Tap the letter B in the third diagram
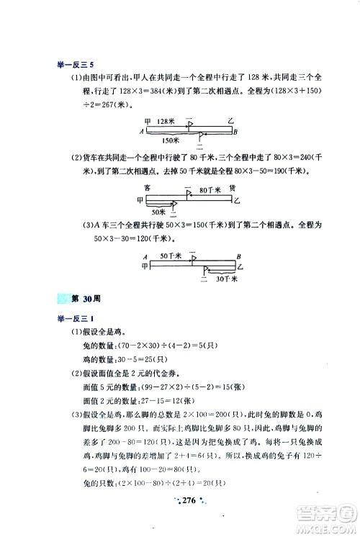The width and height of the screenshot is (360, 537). pos(238,257)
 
